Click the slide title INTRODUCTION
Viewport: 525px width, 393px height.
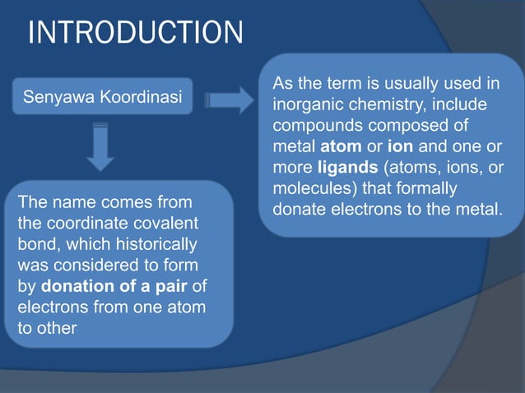point(136,35)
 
